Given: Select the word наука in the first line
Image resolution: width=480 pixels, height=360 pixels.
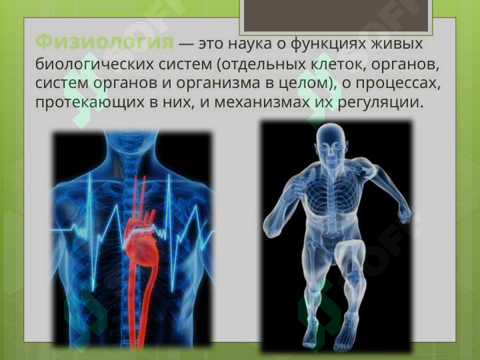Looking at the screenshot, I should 251,45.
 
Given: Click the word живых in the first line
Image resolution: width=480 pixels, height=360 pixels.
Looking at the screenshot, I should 401,45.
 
